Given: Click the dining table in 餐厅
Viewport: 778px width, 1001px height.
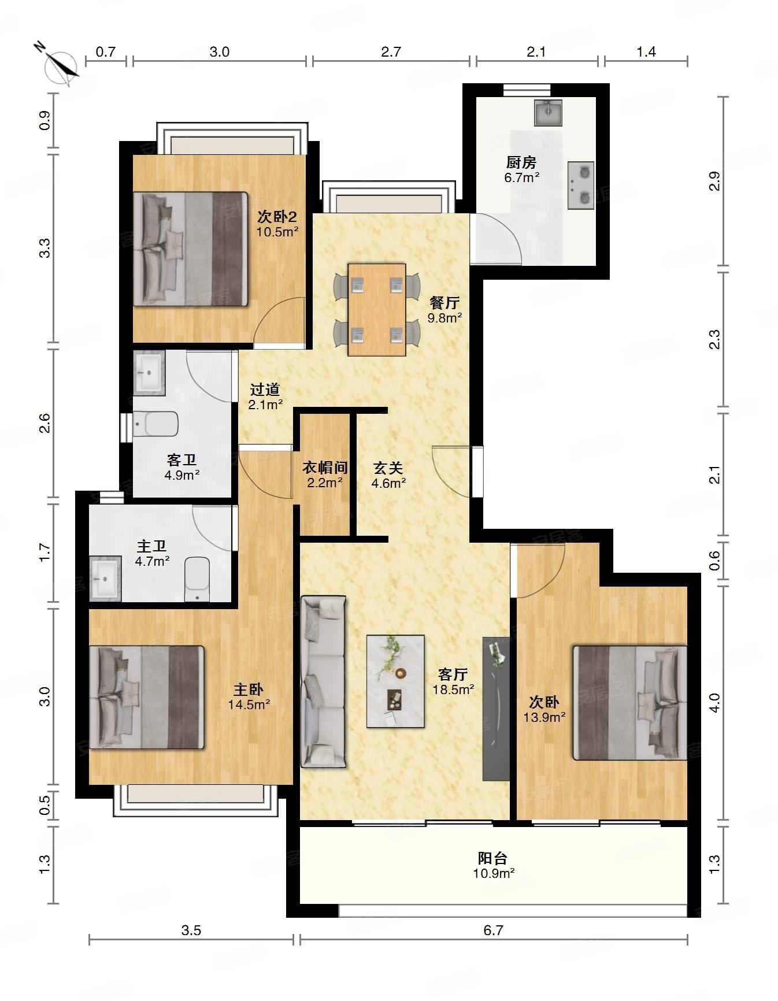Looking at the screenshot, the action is [377, 310].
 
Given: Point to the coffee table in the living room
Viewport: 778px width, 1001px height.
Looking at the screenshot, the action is [396, 681].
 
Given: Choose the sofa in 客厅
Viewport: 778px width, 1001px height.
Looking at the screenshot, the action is [323, 682].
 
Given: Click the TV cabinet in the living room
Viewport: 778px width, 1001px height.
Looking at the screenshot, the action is [496, 709].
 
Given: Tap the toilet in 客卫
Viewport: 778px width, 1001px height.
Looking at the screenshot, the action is [155, 424].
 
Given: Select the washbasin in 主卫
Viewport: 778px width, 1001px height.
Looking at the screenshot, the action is [105, 579].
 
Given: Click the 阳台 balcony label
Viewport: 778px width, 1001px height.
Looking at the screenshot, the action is [492, 858].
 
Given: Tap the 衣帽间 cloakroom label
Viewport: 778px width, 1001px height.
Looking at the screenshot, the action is [325, 468].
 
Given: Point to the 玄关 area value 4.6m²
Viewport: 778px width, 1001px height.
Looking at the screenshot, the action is [388, 483].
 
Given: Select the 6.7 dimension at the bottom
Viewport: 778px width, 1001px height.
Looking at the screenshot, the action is [493, 930].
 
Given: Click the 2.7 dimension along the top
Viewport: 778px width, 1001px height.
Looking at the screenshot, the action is [391, 52].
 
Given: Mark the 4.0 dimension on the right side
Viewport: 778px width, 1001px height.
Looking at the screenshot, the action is [715, 702].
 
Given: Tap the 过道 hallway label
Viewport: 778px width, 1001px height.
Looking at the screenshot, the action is [265, 390].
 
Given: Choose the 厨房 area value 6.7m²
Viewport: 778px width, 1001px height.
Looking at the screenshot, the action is [522, 178].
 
